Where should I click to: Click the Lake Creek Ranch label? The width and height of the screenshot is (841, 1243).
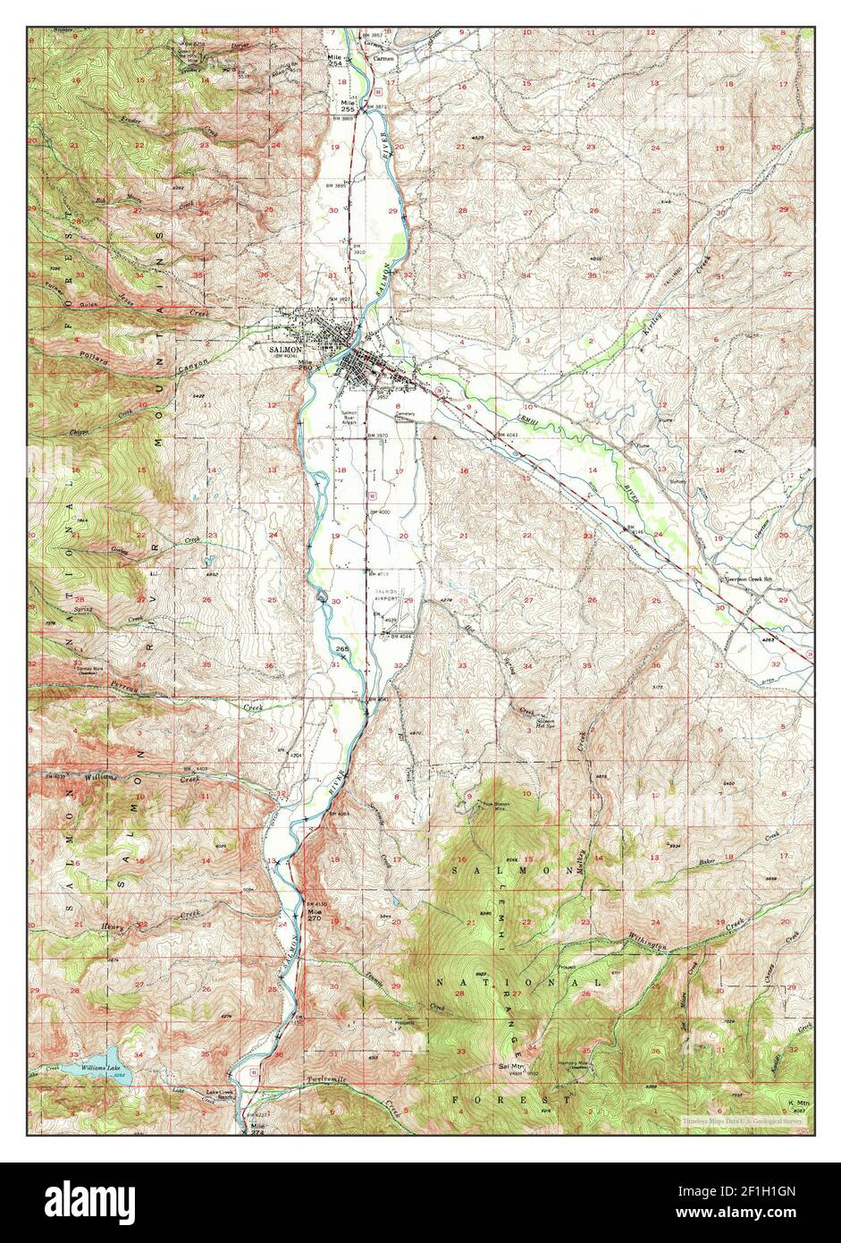point(220,1095)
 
